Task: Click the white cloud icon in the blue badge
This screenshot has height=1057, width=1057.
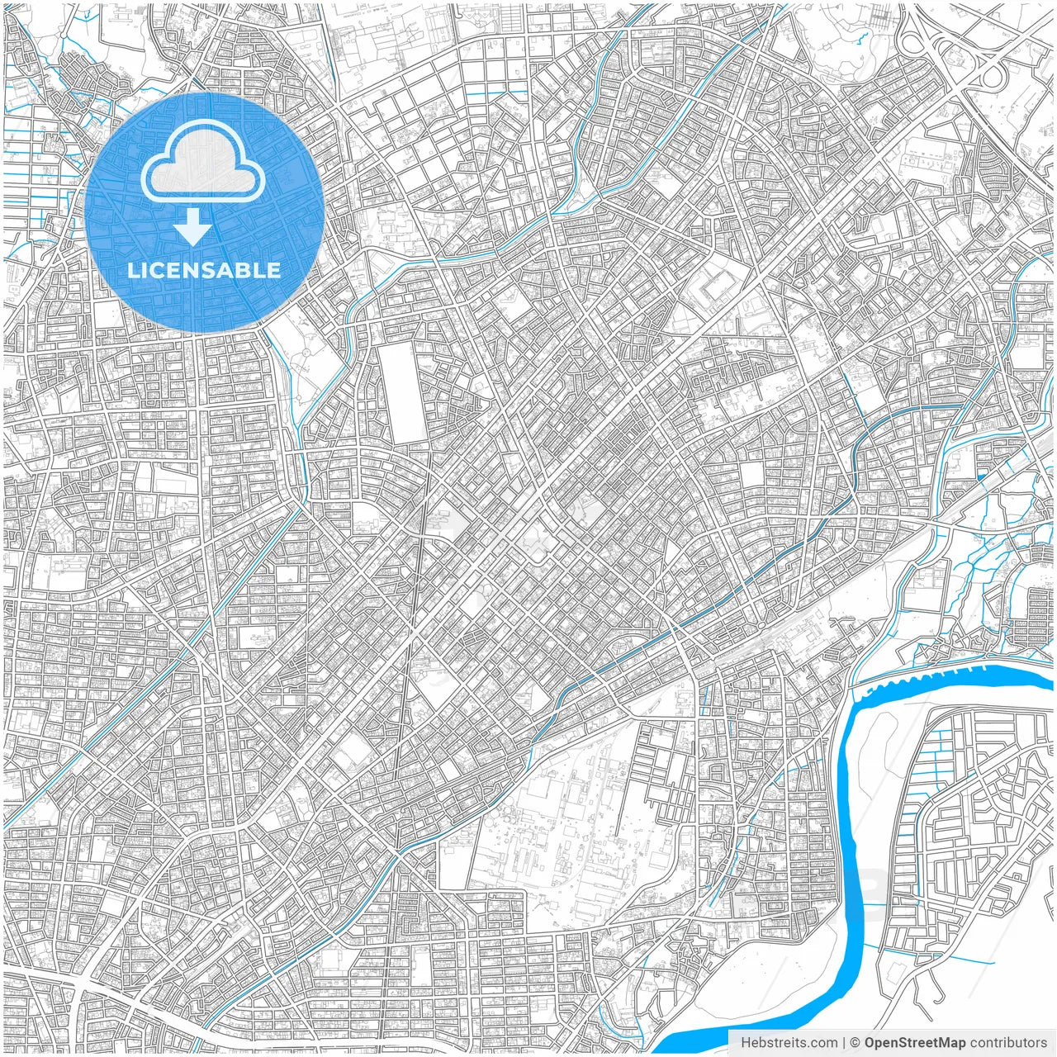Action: [x=202, y=164]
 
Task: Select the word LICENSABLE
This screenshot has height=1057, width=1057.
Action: [x=204, y=270]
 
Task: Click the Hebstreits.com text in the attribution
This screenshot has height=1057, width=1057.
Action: [x=789, y=1043]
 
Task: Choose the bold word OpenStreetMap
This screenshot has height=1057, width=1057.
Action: [x=915, y=1043]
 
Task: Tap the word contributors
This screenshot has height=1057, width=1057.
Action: [x=1008, y=1043]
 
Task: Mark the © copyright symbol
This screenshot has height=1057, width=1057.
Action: [x=856, y=1043]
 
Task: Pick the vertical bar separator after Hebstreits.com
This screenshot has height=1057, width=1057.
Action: [x=844, y=1043]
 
